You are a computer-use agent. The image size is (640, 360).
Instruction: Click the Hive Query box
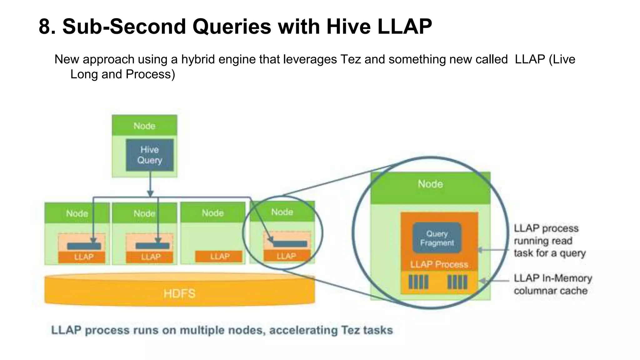click(x=150, y=155)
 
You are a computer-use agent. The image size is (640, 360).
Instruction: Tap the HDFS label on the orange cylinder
click(x=179, y=293)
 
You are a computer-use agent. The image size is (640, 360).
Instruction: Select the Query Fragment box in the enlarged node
click(x=437, y=238)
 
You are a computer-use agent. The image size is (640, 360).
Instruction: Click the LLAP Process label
click(x=439, y=264)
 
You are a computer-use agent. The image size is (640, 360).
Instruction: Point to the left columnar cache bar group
click(x=418, y=282)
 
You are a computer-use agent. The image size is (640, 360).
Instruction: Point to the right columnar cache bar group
click(x=457, y=282)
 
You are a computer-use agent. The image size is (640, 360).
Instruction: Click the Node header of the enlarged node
click(x=430, y=184)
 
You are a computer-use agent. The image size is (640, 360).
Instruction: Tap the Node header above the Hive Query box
click(x=144, y=126)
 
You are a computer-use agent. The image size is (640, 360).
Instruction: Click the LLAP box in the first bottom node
click(x=83, y=257)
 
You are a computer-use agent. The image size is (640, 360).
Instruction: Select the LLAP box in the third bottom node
click(x=219, y=257)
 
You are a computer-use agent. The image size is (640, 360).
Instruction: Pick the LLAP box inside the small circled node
click(x=286, y=256)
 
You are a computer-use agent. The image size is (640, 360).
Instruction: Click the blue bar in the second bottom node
click(x=152, y=246)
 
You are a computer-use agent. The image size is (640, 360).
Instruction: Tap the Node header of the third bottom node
click(x=213, y=213)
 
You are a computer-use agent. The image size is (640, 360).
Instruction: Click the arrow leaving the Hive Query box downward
click(x=150, y=184)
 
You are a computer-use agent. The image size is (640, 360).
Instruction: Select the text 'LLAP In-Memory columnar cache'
click(x=552, y=284)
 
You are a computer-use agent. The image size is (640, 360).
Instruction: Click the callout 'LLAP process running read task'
click(x=549, y=241)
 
